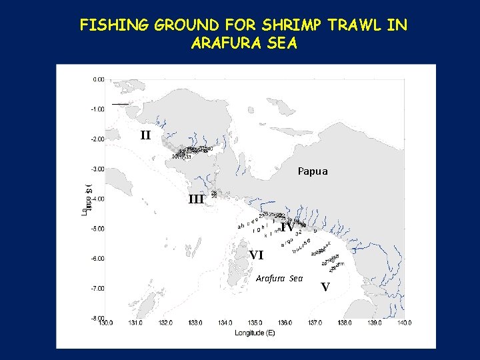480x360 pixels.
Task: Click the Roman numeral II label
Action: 146,135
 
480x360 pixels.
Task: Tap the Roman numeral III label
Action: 196,199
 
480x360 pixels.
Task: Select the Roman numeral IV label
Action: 287,227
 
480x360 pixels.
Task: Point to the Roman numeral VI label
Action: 256,255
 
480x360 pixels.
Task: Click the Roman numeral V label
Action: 325,287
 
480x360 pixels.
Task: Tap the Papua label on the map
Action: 313,171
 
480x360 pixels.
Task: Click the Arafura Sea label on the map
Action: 279,278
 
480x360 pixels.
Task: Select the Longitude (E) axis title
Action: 255,332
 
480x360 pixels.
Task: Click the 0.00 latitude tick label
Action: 98,79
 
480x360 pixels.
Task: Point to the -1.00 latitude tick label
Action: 97,109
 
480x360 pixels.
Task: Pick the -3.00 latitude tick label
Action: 97,169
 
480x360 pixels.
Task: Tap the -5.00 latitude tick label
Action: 97,229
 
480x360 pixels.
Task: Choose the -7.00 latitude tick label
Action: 97,289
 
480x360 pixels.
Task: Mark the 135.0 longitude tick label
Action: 255,323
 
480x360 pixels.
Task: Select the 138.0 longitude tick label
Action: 345,323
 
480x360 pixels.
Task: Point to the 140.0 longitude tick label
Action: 404,323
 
